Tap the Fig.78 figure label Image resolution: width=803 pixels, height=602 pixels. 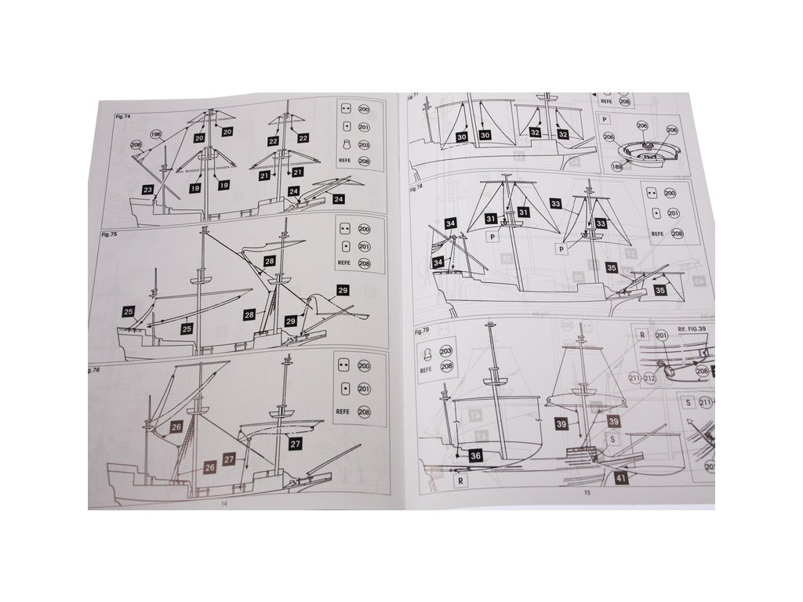(416, 189)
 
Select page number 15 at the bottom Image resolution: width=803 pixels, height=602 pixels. (586, 493)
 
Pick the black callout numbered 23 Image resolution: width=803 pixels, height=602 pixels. (148, 189)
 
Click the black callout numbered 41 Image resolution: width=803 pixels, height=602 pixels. (621, 477)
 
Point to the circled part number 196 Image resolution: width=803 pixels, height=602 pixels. (155, 135)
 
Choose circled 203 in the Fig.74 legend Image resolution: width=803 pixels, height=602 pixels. (363, 145)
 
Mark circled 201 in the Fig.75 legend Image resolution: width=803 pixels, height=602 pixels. (364, 246)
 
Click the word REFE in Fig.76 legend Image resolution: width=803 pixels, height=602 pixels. (343, 410)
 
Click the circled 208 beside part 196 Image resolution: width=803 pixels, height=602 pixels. (136, 145)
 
